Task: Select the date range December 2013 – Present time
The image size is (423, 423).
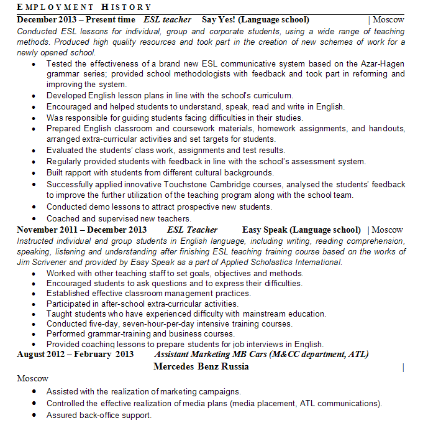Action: click(73, 20)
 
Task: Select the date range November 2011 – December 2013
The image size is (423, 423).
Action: click(82, 230)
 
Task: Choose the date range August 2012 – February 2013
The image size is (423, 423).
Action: click(75, 355)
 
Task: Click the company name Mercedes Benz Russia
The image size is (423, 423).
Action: click(201, 366)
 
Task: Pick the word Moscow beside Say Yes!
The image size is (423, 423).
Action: click(388, 20)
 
